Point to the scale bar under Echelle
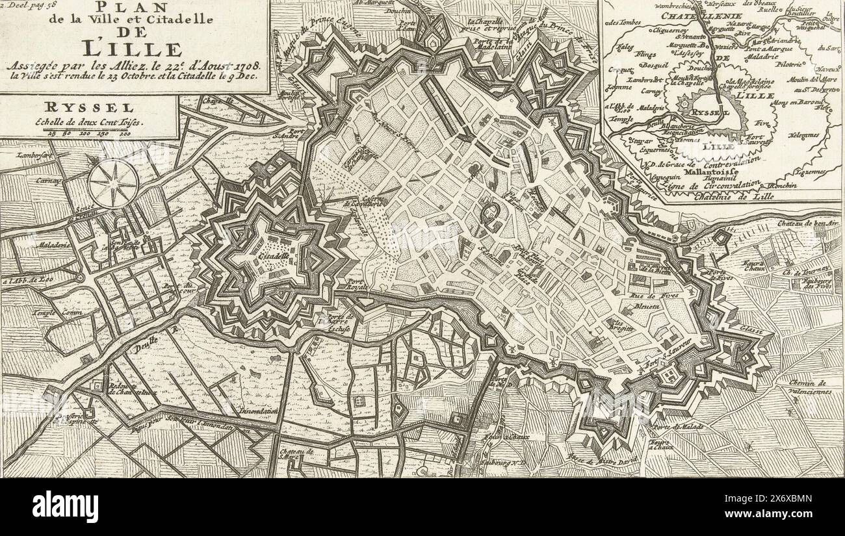tap(88, 132)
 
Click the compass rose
tap(113, 183)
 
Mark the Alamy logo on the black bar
tap(65, 507)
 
